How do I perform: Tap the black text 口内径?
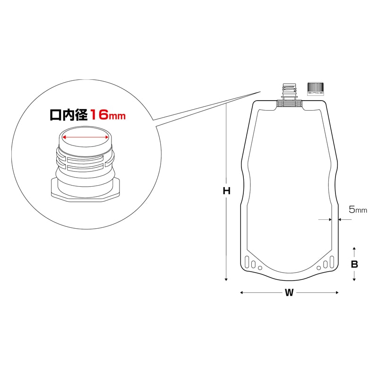69,114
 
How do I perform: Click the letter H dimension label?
226,191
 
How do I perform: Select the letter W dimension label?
289,293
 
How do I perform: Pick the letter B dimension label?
354,265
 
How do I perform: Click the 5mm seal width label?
358,210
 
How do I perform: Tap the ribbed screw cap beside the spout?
315,89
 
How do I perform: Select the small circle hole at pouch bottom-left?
260,268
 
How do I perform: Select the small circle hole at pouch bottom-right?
319,268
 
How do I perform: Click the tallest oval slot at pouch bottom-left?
248,261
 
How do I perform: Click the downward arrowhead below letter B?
354,280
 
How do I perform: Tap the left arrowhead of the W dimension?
242,293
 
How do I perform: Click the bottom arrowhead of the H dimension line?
226,279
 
